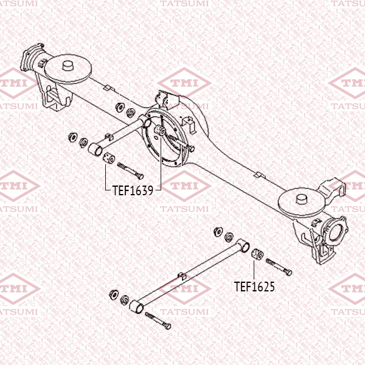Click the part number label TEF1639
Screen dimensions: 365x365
(133, 190)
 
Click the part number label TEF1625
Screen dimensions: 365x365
(254, 287)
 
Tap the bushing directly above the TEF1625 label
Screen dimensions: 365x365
(257, 254)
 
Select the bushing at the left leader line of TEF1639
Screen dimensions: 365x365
(109, 158)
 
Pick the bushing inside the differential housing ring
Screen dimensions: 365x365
(160, 130)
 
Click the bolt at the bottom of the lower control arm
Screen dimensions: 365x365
(158, 321)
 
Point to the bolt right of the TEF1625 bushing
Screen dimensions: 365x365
(279, 267)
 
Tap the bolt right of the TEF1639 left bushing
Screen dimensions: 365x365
(130, 171)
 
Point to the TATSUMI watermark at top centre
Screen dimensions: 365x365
(184, 4)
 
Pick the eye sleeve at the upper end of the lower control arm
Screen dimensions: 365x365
(243, 246)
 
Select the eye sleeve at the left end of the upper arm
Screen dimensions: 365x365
(96, 150)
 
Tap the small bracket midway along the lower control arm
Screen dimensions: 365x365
(182, 276)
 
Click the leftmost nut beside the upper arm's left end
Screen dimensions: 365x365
(73, 137)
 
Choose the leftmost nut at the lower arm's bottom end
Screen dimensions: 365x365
(114, 294)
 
